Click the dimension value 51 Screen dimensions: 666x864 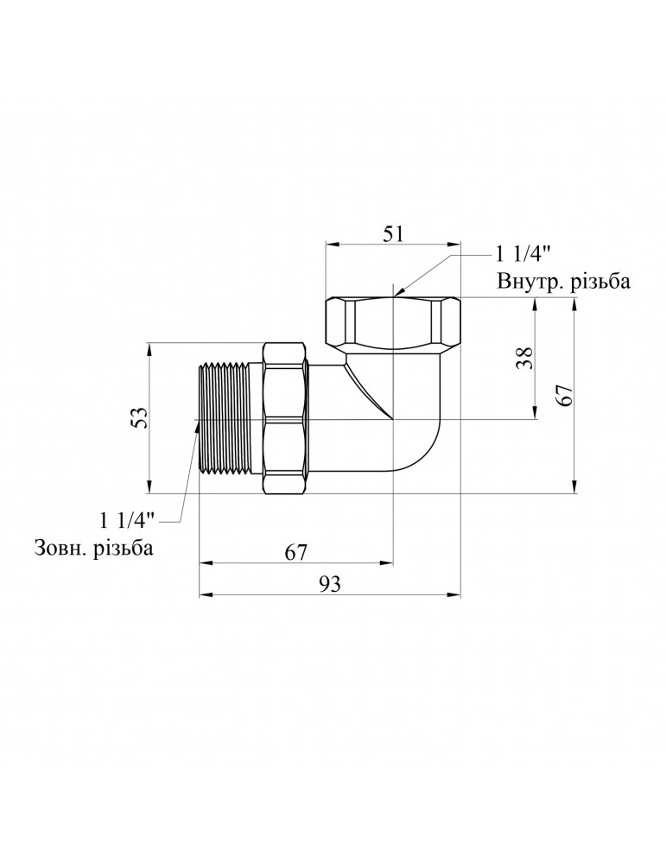[x=393, y=235]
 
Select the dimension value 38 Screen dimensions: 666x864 [x=525, y=359]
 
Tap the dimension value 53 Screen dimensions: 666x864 [x=140, y=417]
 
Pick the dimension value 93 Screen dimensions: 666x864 [x=329, y=584]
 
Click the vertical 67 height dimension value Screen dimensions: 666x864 [x=566, y=396]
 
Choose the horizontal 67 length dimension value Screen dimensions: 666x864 [x=295, y=552]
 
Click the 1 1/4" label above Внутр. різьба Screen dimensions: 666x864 [x=523, y=256]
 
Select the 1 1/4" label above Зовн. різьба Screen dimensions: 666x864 [x=128, y=519]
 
